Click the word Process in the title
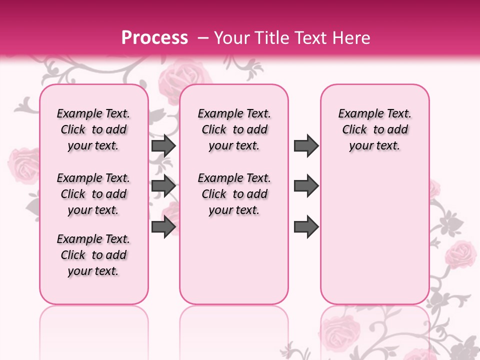coord(154,38)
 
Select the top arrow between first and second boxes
coord(163,145)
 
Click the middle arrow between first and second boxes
coord(163,186)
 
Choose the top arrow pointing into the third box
coord(306,145)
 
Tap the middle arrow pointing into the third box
coord(306,186)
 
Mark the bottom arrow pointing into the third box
coord(306,226)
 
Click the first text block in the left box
coord(93,129)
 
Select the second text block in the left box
coord(93,194)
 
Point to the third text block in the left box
coord(93,255)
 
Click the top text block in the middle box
coord(234,129)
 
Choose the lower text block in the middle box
coord(234,194)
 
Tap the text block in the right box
coord(375,129)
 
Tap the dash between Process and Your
coord(203,38)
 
